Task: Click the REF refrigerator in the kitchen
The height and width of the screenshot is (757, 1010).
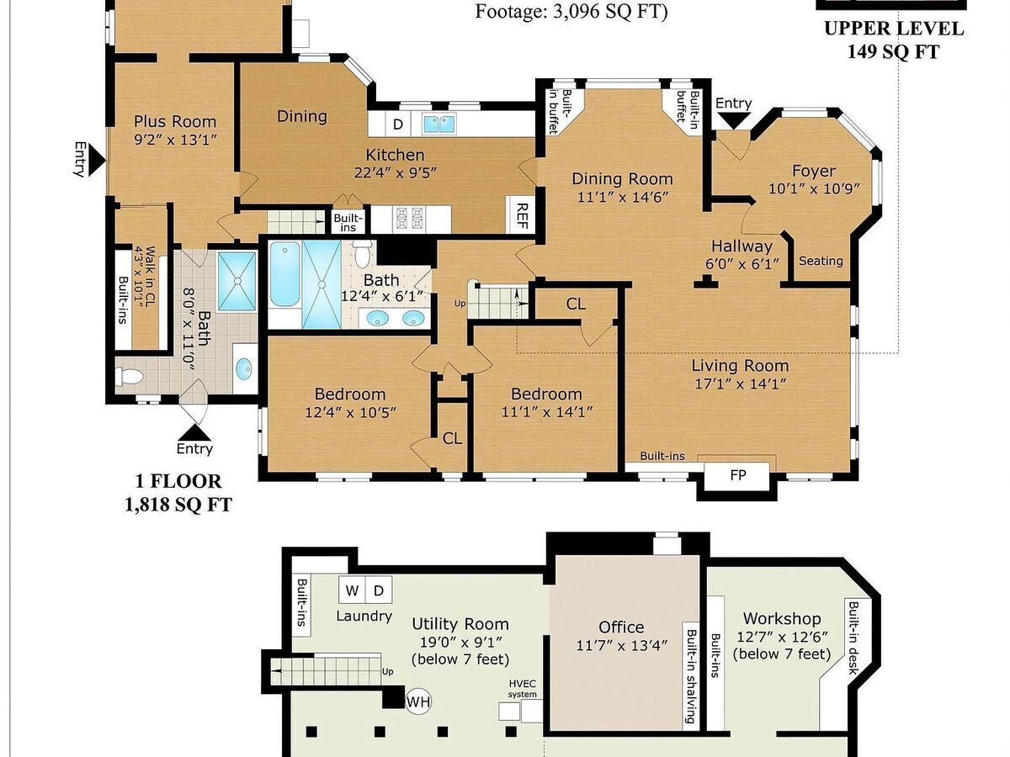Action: coord(521,214)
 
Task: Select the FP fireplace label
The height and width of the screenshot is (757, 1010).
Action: coord(737,475)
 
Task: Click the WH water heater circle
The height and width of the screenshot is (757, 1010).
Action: coord(418,701)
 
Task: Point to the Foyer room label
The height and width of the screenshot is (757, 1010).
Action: coord(814,172)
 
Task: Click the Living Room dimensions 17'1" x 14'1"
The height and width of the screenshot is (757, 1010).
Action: coord(740,384)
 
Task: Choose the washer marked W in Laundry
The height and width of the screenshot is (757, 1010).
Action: coord(352,590)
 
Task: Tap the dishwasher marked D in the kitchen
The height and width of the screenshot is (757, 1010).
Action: coord(397,124)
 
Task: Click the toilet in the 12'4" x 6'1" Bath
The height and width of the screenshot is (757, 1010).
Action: coord(363,254)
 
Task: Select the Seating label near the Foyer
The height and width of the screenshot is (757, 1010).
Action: coord(821,261)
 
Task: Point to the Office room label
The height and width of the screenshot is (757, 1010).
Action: coord(620,627)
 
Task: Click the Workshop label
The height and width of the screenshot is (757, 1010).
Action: coord(782,619)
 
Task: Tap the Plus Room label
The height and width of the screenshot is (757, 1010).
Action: coord(175,122)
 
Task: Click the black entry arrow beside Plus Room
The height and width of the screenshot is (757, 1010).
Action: coord(98,160)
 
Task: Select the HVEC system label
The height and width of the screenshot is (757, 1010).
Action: coord(523,689)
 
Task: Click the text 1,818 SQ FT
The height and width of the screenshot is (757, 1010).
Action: coord(178,506)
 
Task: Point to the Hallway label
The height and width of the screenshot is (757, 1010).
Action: coord(742,246)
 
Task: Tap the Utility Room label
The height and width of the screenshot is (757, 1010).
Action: coord(460,624)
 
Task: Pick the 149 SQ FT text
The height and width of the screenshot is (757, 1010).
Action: coord(893,51)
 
